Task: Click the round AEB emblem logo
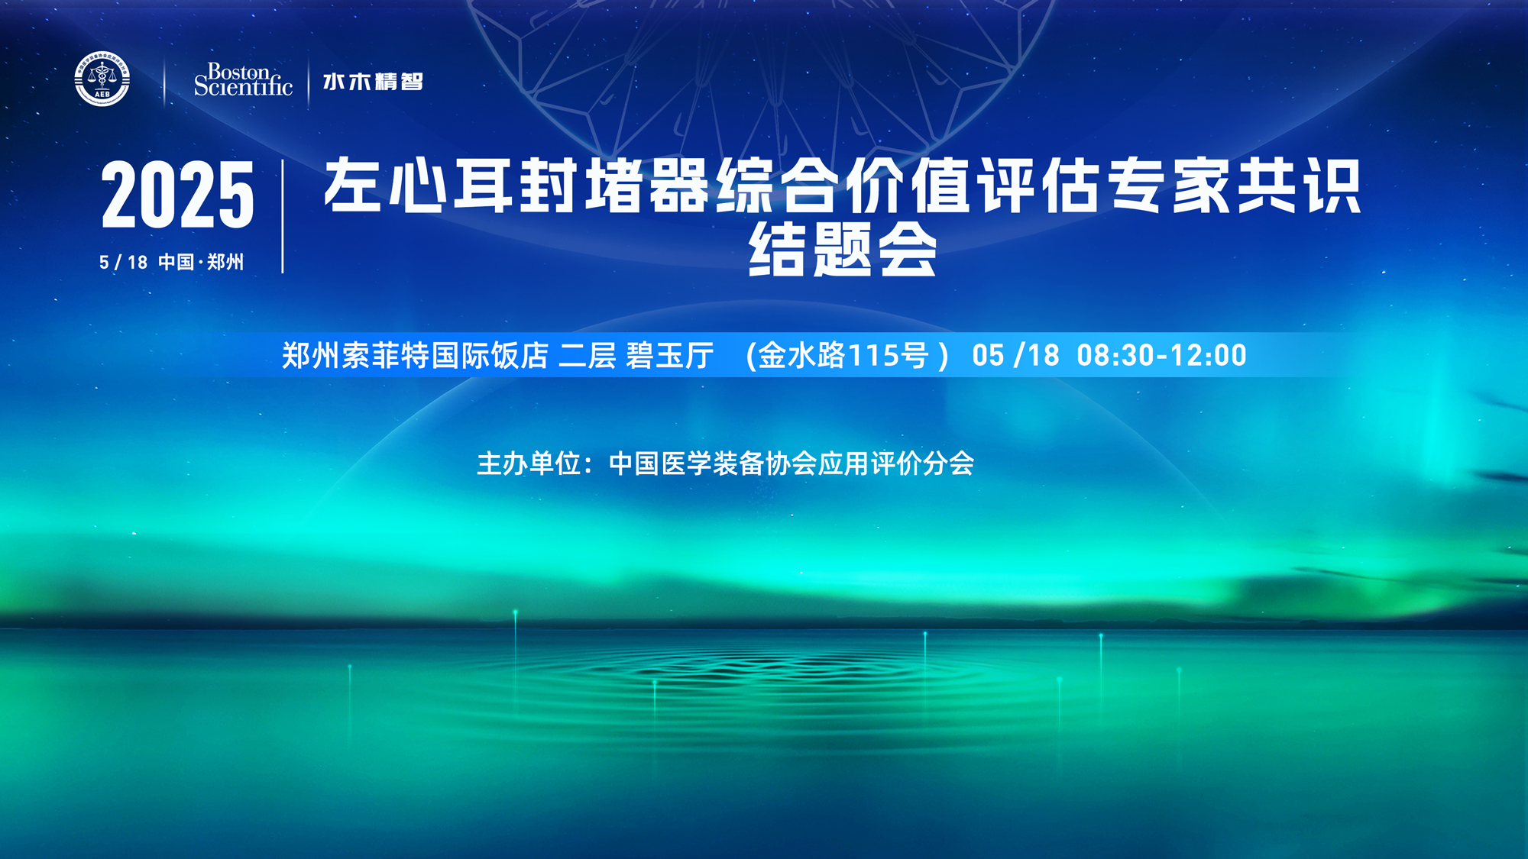102,79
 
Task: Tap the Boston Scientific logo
243,80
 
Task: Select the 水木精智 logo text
373,81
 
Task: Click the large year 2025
177,195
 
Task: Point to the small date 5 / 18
123,263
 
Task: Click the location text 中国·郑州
201,263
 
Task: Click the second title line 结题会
843,249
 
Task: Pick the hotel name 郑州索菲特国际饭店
415,355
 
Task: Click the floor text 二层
588,355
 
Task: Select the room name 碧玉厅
670,355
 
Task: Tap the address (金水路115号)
847,355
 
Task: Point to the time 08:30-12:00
1161,355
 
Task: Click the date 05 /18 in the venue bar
1016,355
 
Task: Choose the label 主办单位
528,463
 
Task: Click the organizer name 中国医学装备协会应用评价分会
792,463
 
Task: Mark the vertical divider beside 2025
283,216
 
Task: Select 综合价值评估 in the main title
909,186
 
